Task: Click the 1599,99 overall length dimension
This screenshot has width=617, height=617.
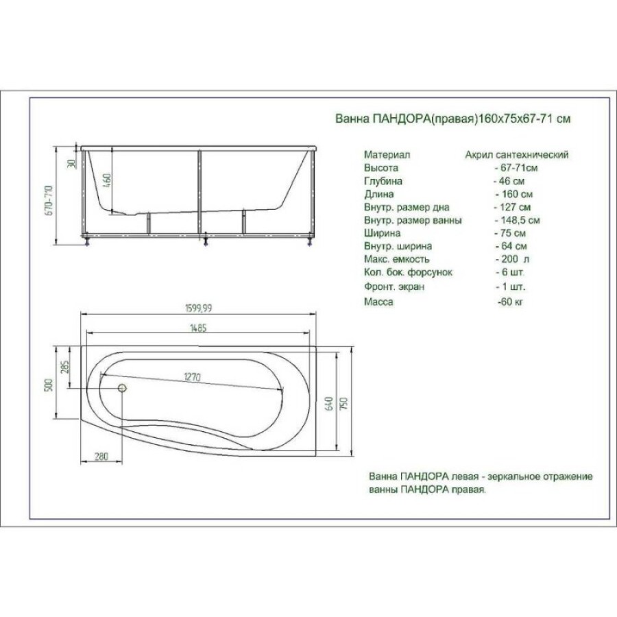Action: click(x=198, y=308)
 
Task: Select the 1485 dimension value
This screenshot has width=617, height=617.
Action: click(x=198, y=328)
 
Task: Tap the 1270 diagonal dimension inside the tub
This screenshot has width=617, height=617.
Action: click(x=192, y=377)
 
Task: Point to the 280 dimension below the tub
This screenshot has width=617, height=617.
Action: click(x=101, y=457)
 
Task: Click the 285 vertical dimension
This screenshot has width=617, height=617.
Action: click(x=65, y=367)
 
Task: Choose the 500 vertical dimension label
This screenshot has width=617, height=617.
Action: click(x=49, y=385)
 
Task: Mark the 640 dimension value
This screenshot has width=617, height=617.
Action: click(x=330, y=404)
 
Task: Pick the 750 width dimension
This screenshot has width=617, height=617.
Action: click(x=343, y=404)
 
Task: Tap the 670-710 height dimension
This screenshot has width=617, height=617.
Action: click(x=49, y=200)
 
